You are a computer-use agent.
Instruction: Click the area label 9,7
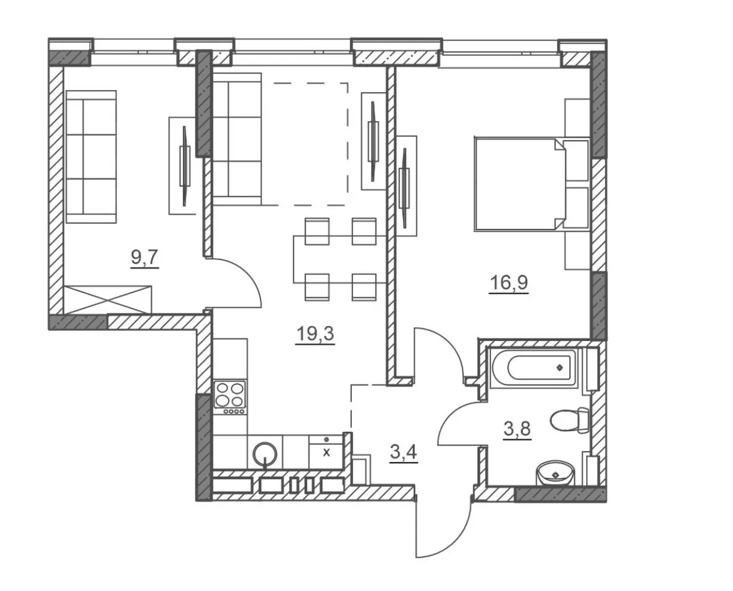pyautogui.click(x=145, y=258)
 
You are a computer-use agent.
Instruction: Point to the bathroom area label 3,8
pyautogui.click(x=517, y=428)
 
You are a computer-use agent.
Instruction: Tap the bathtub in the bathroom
pyautogui.click(x=533, y=367)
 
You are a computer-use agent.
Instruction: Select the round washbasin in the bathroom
pyautogui.click(x=555, y=474)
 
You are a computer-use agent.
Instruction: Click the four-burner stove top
pyautogui.click(x=229, y=396)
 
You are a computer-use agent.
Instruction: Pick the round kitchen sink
pyautogui.click(x=265, y=454)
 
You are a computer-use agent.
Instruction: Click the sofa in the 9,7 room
pyautogui.click(x=91, y=156)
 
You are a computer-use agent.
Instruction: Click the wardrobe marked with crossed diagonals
pyautogui.click(x=108, y=299)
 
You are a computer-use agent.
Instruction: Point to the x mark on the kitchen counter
pyautogui.click(x=327, y=452)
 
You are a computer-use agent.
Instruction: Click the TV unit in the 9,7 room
pyautogui.click(x=182, y=165)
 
